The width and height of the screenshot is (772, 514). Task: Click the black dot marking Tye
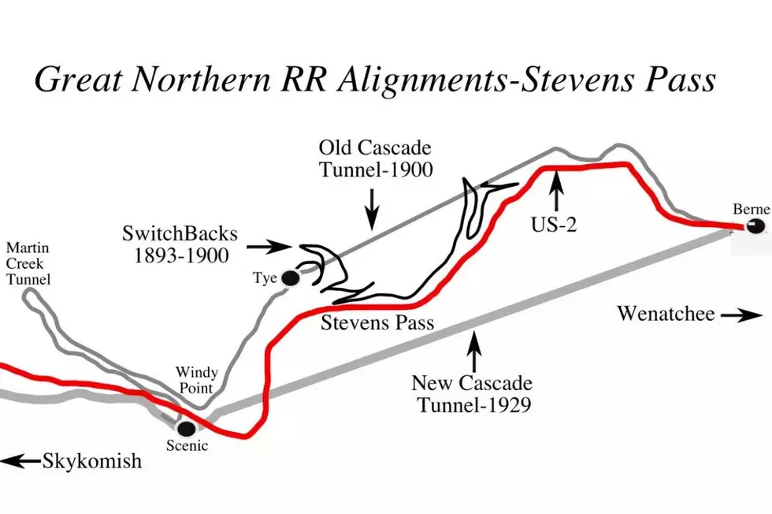point(291,278)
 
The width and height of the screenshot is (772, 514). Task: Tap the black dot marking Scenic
point(187,428)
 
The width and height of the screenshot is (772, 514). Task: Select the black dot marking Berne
point(755,226)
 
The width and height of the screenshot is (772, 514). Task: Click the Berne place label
point(751,209)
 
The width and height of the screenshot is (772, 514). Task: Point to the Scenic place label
point(187,446)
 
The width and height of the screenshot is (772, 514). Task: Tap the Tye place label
point(265,278)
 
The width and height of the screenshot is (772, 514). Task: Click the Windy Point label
point(196,380)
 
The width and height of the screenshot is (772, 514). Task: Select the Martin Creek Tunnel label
point(28,263)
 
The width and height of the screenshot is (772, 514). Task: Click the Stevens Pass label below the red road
point(377,322)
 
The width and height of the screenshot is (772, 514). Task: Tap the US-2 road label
point(553,224)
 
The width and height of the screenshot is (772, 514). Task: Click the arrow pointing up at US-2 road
point(556,192)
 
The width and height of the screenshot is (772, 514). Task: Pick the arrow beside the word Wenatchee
point(742,315)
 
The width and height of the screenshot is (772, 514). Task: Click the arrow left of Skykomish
point(20,461)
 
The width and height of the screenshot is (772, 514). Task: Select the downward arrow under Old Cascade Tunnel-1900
point(372,209)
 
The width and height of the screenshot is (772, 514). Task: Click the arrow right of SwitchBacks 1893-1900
point(267,247)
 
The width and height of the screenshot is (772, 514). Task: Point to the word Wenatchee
point(666,314)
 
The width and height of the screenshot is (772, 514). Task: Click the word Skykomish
point(92,461)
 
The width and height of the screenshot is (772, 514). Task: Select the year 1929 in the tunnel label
point(508,405)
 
